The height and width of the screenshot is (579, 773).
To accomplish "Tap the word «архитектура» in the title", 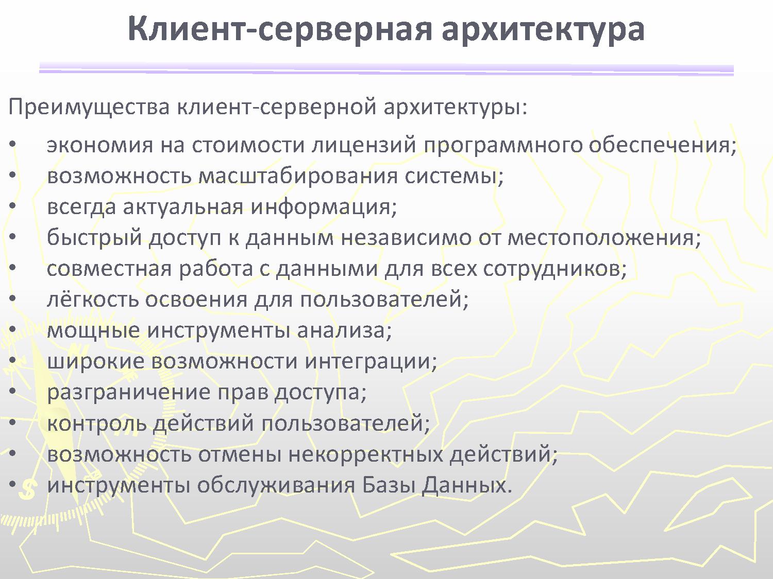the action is coord(543,30).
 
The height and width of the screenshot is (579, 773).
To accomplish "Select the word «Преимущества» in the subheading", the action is coord(89,107).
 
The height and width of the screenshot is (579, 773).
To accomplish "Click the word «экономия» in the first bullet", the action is coord(100,145).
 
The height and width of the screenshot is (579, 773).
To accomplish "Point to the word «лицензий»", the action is coord(364,145).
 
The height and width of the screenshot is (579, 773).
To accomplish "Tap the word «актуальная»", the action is coord(183,207).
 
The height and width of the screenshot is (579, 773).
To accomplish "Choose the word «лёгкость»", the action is coord(92,299).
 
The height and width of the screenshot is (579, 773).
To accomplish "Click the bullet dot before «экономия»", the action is coord(13,145).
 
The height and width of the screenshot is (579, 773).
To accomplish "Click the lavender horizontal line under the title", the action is coord(386,68).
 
